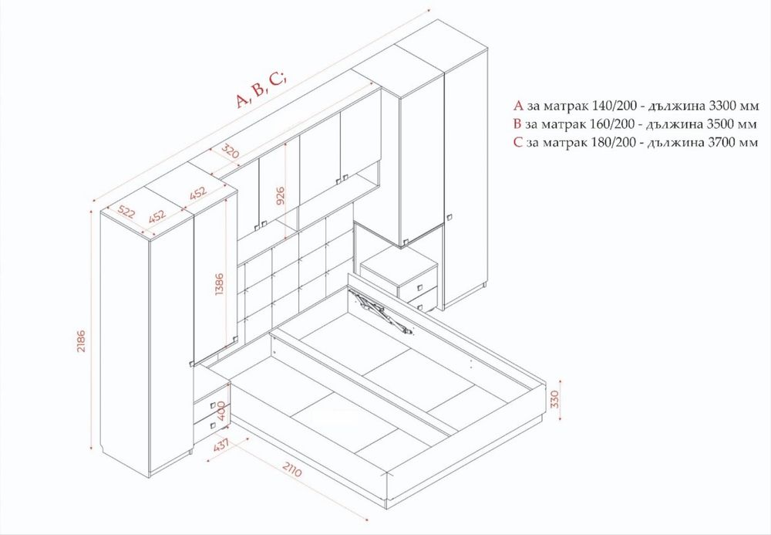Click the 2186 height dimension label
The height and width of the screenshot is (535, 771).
(x=81, y=340)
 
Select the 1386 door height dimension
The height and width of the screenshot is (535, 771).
(x=219, y=284)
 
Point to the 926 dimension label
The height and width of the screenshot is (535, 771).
(x=281, y=196)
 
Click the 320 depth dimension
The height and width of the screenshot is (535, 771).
(x=230, y=151)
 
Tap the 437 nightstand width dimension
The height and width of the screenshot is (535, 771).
(x=222, y=445)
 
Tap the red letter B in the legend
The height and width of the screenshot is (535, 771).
(x=517, y=124)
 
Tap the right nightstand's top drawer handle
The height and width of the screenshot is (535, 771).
(x=419, y=287)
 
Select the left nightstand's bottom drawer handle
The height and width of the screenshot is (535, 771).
(x=213, y=425)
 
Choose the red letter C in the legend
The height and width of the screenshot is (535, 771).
(x=517, y=142)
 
